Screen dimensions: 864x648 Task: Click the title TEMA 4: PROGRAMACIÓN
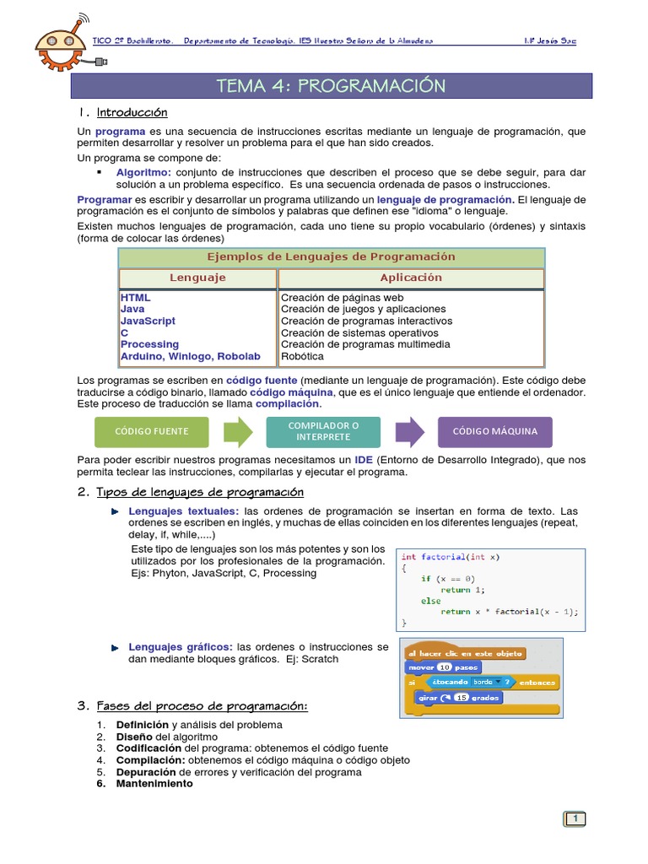click(x=331, y=86)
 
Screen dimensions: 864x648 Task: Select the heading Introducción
click(x=132, y=112)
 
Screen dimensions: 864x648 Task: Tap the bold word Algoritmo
click(x=143, y=172)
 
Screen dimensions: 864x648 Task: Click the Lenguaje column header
click(x=197, y=278)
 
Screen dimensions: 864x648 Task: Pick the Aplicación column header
click(x=411, y=278)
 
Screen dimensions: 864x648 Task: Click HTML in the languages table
click(x=135, y=298)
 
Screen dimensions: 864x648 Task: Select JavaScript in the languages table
click(x=148, y=321)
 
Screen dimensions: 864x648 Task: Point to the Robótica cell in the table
click(x=301, y=356)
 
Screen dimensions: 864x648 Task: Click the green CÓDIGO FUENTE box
click(x=152, y=432)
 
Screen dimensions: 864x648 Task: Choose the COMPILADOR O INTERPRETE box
click(x=323, y=432)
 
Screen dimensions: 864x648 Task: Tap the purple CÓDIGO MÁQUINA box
click(x=494, y=432)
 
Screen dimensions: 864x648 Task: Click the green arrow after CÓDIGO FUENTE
click(x=238, y=432)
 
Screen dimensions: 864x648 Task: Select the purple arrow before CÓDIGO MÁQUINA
click(x=409, y=432)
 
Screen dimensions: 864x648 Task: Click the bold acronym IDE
click(x=364, y=460)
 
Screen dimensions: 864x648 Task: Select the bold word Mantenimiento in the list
click(x=154, y=783)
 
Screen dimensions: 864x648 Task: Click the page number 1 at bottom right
click(x=575, y=818)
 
